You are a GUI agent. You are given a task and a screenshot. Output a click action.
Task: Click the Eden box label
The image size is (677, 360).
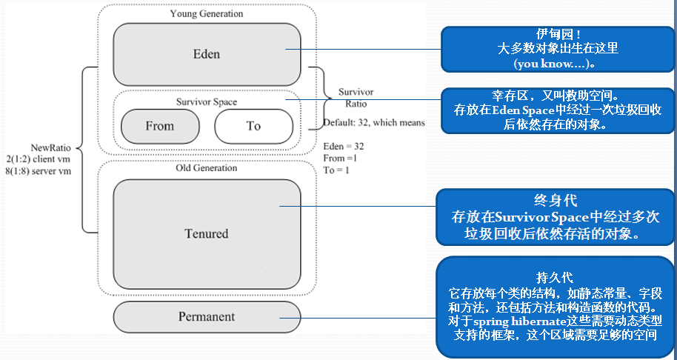207,54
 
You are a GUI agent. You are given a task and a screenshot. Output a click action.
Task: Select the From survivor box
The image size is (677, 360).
160,126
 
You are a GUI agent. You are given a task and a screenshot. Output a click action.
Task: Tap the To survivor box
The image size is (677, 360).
254,126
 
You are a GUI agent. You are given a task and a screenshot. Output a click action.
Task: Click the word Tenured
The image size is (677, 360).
207,233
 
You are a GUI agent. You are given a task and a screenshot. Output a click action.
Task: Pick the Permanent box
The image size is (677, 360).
207,316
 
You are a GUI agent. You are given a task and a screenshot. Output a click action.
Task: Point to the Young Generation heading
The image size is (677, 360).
207,13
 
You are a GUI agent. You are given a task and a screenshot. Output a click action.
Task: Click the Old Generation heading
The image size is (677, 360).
207,167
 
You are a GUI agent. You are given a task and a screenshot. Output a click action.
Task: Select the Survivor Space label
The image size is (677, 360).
207,102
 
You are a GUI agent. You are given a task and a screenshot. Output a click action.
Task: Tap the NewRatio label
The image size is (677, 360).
50,147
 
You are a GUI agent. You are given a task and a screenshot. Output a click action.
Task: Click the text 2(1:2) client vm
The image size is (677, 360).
38,159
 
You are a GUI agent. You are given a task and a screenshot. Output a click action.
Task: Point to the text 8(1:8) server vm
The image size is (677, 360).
38,170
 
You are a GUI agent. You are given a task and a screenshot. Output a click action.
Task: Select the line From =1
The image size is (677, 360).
340,158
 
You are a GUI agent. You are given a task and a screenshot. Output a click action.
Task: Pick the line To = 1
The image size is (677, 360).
336,170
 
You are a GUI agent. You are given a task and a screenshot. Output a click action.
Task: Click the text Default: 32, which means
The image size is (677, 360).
374,122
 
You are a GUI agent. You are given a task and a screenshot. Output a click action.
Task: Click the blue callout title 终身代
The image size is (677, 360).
555,200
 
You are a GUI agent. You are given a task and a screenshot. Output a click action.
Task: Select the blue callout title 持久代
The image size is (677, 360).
555,277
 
